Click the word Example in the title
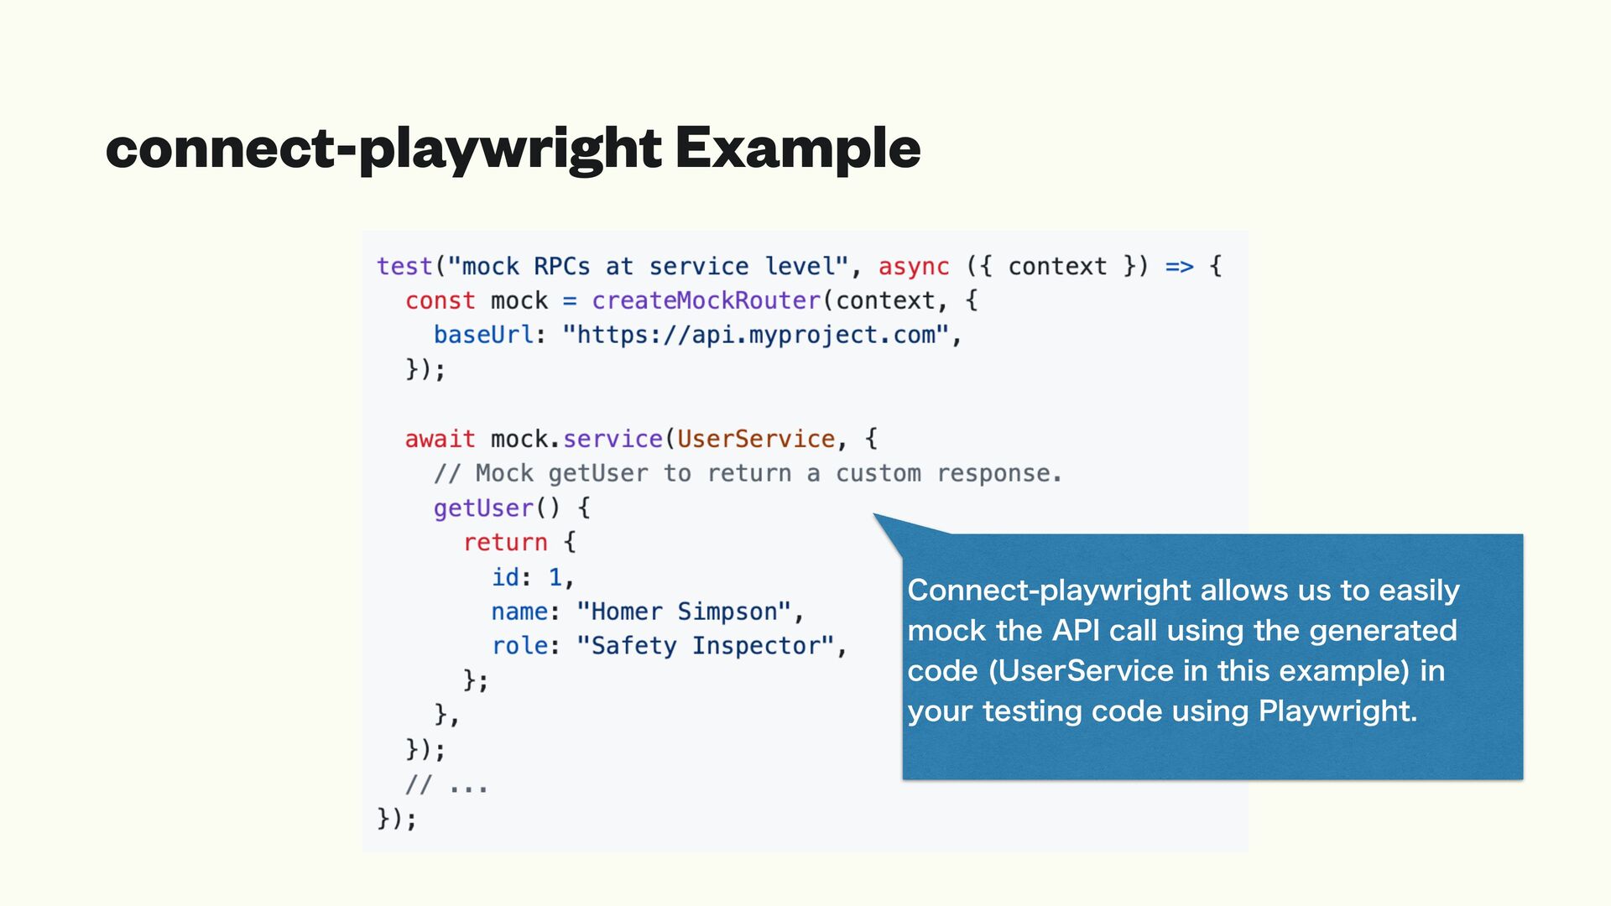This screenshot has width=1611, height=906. click(797, 148)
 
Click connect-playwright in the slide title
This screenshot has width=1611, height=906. click(383, 148)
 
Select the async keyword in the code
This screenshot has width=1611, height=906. click(913, 267)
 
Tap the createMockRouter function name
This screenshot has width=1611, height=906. click(706, 300)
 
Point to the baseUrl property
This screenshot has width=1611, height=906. click(483, 335)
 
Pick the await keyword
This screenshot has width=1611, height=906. click(440, 439)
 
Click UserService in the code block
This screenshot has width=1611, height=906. click(755, 439)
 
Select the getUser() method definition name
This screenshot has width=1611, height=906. click(483, 508)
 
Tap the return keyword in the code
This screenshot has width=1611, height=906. click(505, 542)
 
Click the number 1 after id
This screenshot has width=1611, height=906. click(555, 577)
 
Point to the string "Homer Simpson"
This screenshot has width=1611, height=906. click(683, 612)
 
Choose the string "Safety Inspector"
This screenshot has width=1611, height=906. click(705, 646)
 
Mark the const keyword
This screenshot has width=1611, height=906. click(440, 300)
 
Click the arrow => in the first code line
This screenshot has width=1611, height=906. click(1179, 267)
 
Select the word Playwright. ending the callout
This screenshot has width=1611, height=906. click(1337, 711)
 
